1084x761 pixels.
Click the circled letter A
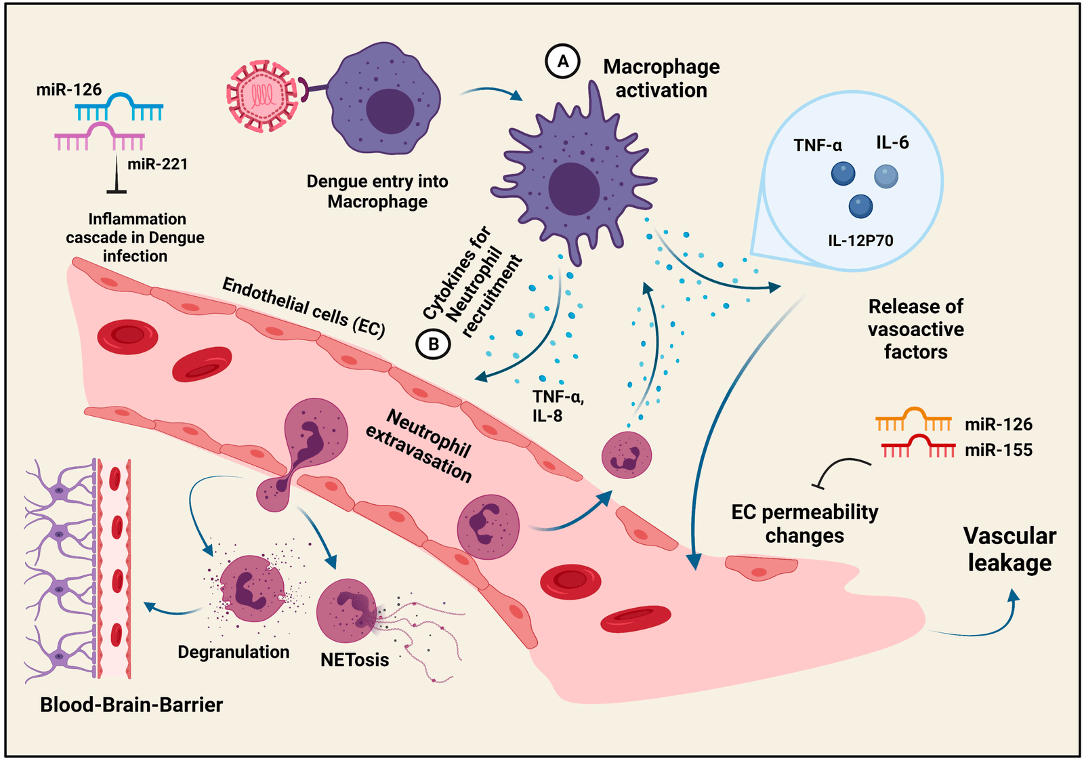[x=562, y=62]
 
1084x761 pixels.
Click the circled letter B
[x=433, y=344]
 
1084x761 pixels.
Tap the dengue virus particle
[x=262, y=95]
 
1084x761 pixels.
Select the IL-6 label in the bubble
[x=892, y=142]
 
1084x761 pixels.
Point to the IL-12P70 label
[x=860, y=241]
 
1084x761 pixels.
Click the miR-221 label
[x=157, y=164]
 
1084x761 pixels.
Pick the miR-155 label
[x=999, y=450]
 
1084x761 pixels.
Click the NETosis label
[x=354, y=660]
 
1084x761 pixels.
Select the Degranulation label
[x=233, y=652]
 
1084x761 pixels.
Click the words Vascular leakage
[x=1009, y=550]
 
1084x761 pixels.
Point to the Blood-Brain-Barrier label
[x=131, y=705]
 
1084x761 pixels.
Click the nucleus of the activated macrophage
[x=574, y=188]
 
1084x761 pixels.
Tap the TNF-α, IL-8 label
[x=557, y=406]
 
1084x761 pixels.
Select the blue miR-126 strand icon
[x=119, y=107]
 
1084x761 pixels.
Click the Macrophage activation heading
[x=661, y=78]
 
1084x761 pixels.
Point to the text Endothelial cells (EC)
[x=304, y=307]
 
